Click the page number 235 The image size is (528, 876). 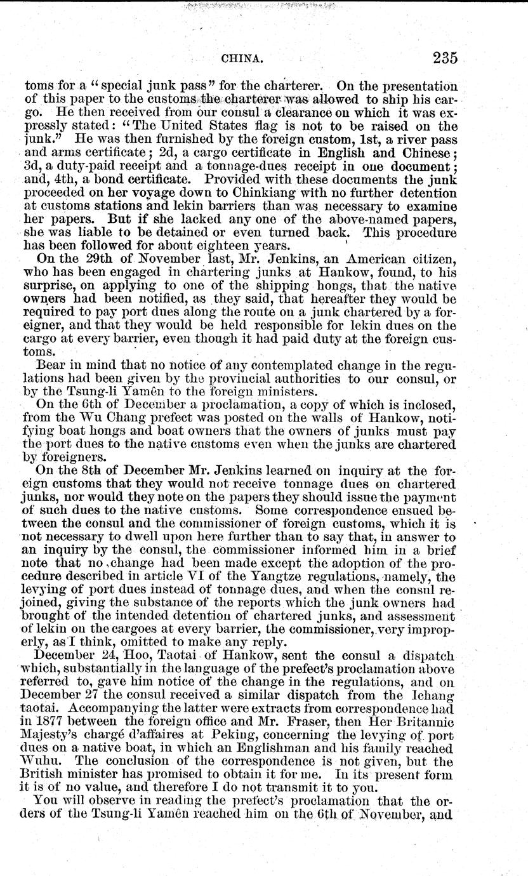pyautogui.click(x=438, y=58)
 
